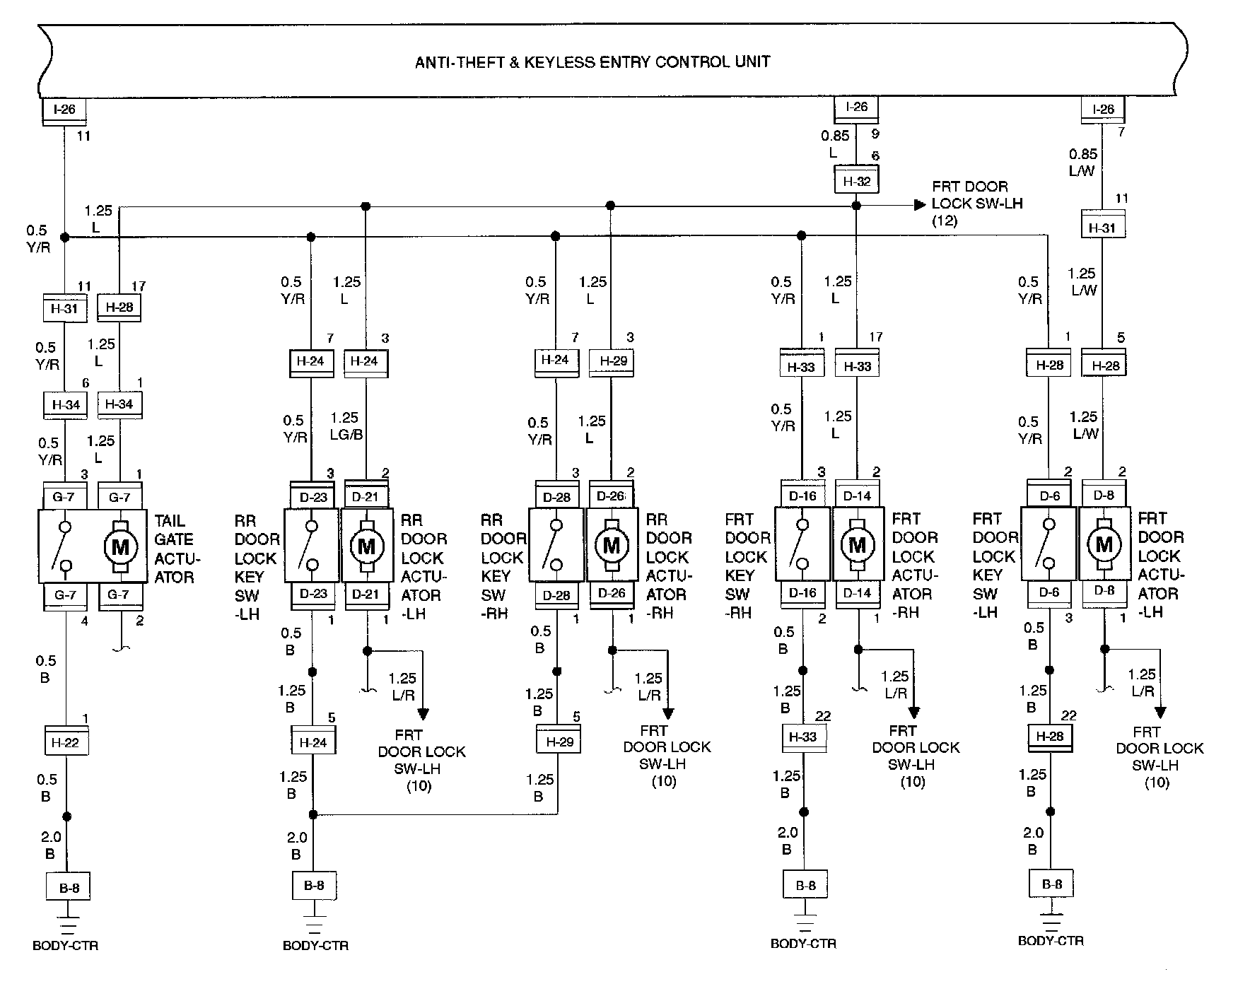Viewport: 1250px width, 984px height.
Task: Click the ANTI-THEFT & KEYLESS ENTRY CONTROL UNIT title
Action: click(x=592, y=62)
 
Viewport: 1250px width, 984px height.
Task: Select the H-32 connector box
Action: click(x=856, y=182)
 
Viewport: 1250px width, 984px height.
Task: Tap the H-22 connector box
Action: click(x=66, y=743)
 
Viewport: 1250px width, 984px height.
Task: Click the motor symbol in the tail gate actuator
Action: click(x=120, y=546)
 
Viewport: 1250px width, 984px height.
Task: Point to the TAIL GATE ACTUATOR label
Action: click(x=177, y=549)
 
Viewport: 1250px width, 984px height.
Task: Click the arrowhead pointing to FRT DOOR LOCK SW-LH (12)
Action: click(x=919, y=205)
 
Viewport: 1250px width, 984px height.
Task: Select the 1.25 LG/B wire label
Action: click(x=346, y=426)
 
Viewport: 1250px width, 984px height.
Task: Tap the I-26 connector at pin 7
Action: click(x=1102, y=110)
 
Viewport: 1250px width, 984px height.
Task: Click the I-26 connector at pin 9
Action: click(x=856, y=107)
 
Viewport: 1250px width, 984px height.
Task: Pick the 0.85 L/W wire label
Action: click(x=1082, y=162)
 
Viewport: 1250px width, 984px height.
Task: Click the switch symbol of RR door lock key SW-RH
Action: click(x=556, y=546)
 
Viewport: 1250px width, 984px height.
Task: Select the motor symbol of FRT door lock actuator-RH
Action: click(x=857, y=545)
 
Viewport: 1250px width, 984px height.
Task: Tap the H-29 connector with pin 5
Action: click(x=558, y=742)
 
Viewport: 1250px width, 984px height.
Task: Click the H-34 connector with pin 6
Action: click(x=66, y=405)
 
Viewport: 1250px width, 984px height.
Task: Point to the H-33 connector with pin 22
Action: click(x=802, y=737)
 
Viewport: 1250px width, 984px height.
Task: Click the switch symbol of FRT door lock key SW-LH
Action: click(x=1049, y=544)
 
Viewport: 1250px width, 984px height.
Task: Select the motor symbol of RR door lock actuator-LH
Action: click(x=366, y=546)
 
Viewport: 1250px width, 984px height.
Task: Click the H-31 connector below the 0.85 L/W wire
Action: click(x=1102, y=228)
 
